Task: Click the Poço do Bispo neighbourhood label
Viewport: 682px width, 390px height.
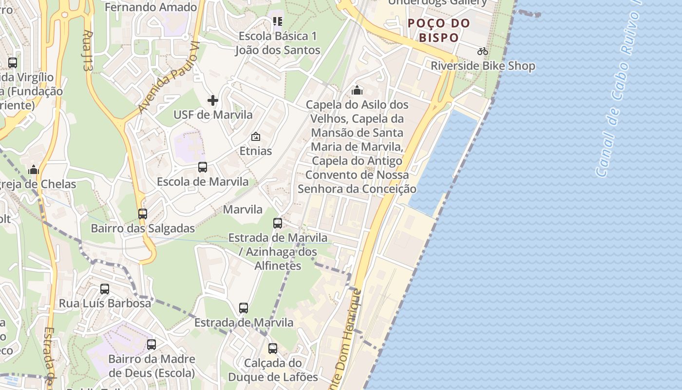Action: point(439,30)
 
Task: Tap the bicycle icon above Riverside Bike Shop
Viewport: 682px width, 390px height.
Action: point(483,51)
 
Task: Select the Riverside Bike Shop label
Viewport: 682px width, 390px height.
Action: point(483,66)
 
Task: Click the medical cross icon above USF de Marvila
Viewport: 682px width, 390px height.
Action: point(213,100)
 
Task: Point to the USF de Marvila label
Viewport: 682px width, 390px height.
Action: point(213,115)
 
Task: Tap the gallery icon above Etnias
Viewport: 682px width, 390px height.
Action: point(256,137)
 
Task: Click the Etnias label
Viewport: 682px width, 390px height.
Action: point(256,151)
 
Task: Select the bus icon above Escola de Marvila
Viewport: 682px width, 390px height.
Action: point(203,167)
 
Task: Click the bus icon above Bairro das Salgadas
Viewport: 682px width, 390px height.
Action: point(143,214)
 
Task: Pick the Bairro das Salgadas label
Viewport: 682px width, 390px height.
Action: point(143,228)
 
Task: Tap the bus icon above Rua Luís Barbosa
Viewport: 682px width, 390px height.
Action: point(105,289)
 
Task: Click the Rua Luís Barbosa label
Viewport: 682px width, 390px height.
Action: point(105,303)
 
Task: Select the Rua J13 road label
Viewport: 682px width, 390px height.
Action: point(88,51)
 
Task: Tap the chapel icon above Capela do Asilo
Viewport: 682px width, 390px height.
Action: point(357,90)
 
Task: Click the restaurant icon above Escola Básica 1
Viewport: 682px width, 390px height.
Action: point(278,21)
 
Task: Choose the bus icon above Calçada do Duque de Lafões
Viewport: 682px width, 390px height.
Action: point(273,349)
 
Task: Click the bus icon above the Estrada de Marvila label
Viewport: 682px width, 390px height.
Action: point(244,308)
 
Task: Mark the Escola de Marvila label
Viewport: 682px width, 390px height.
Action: point(203,181)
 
